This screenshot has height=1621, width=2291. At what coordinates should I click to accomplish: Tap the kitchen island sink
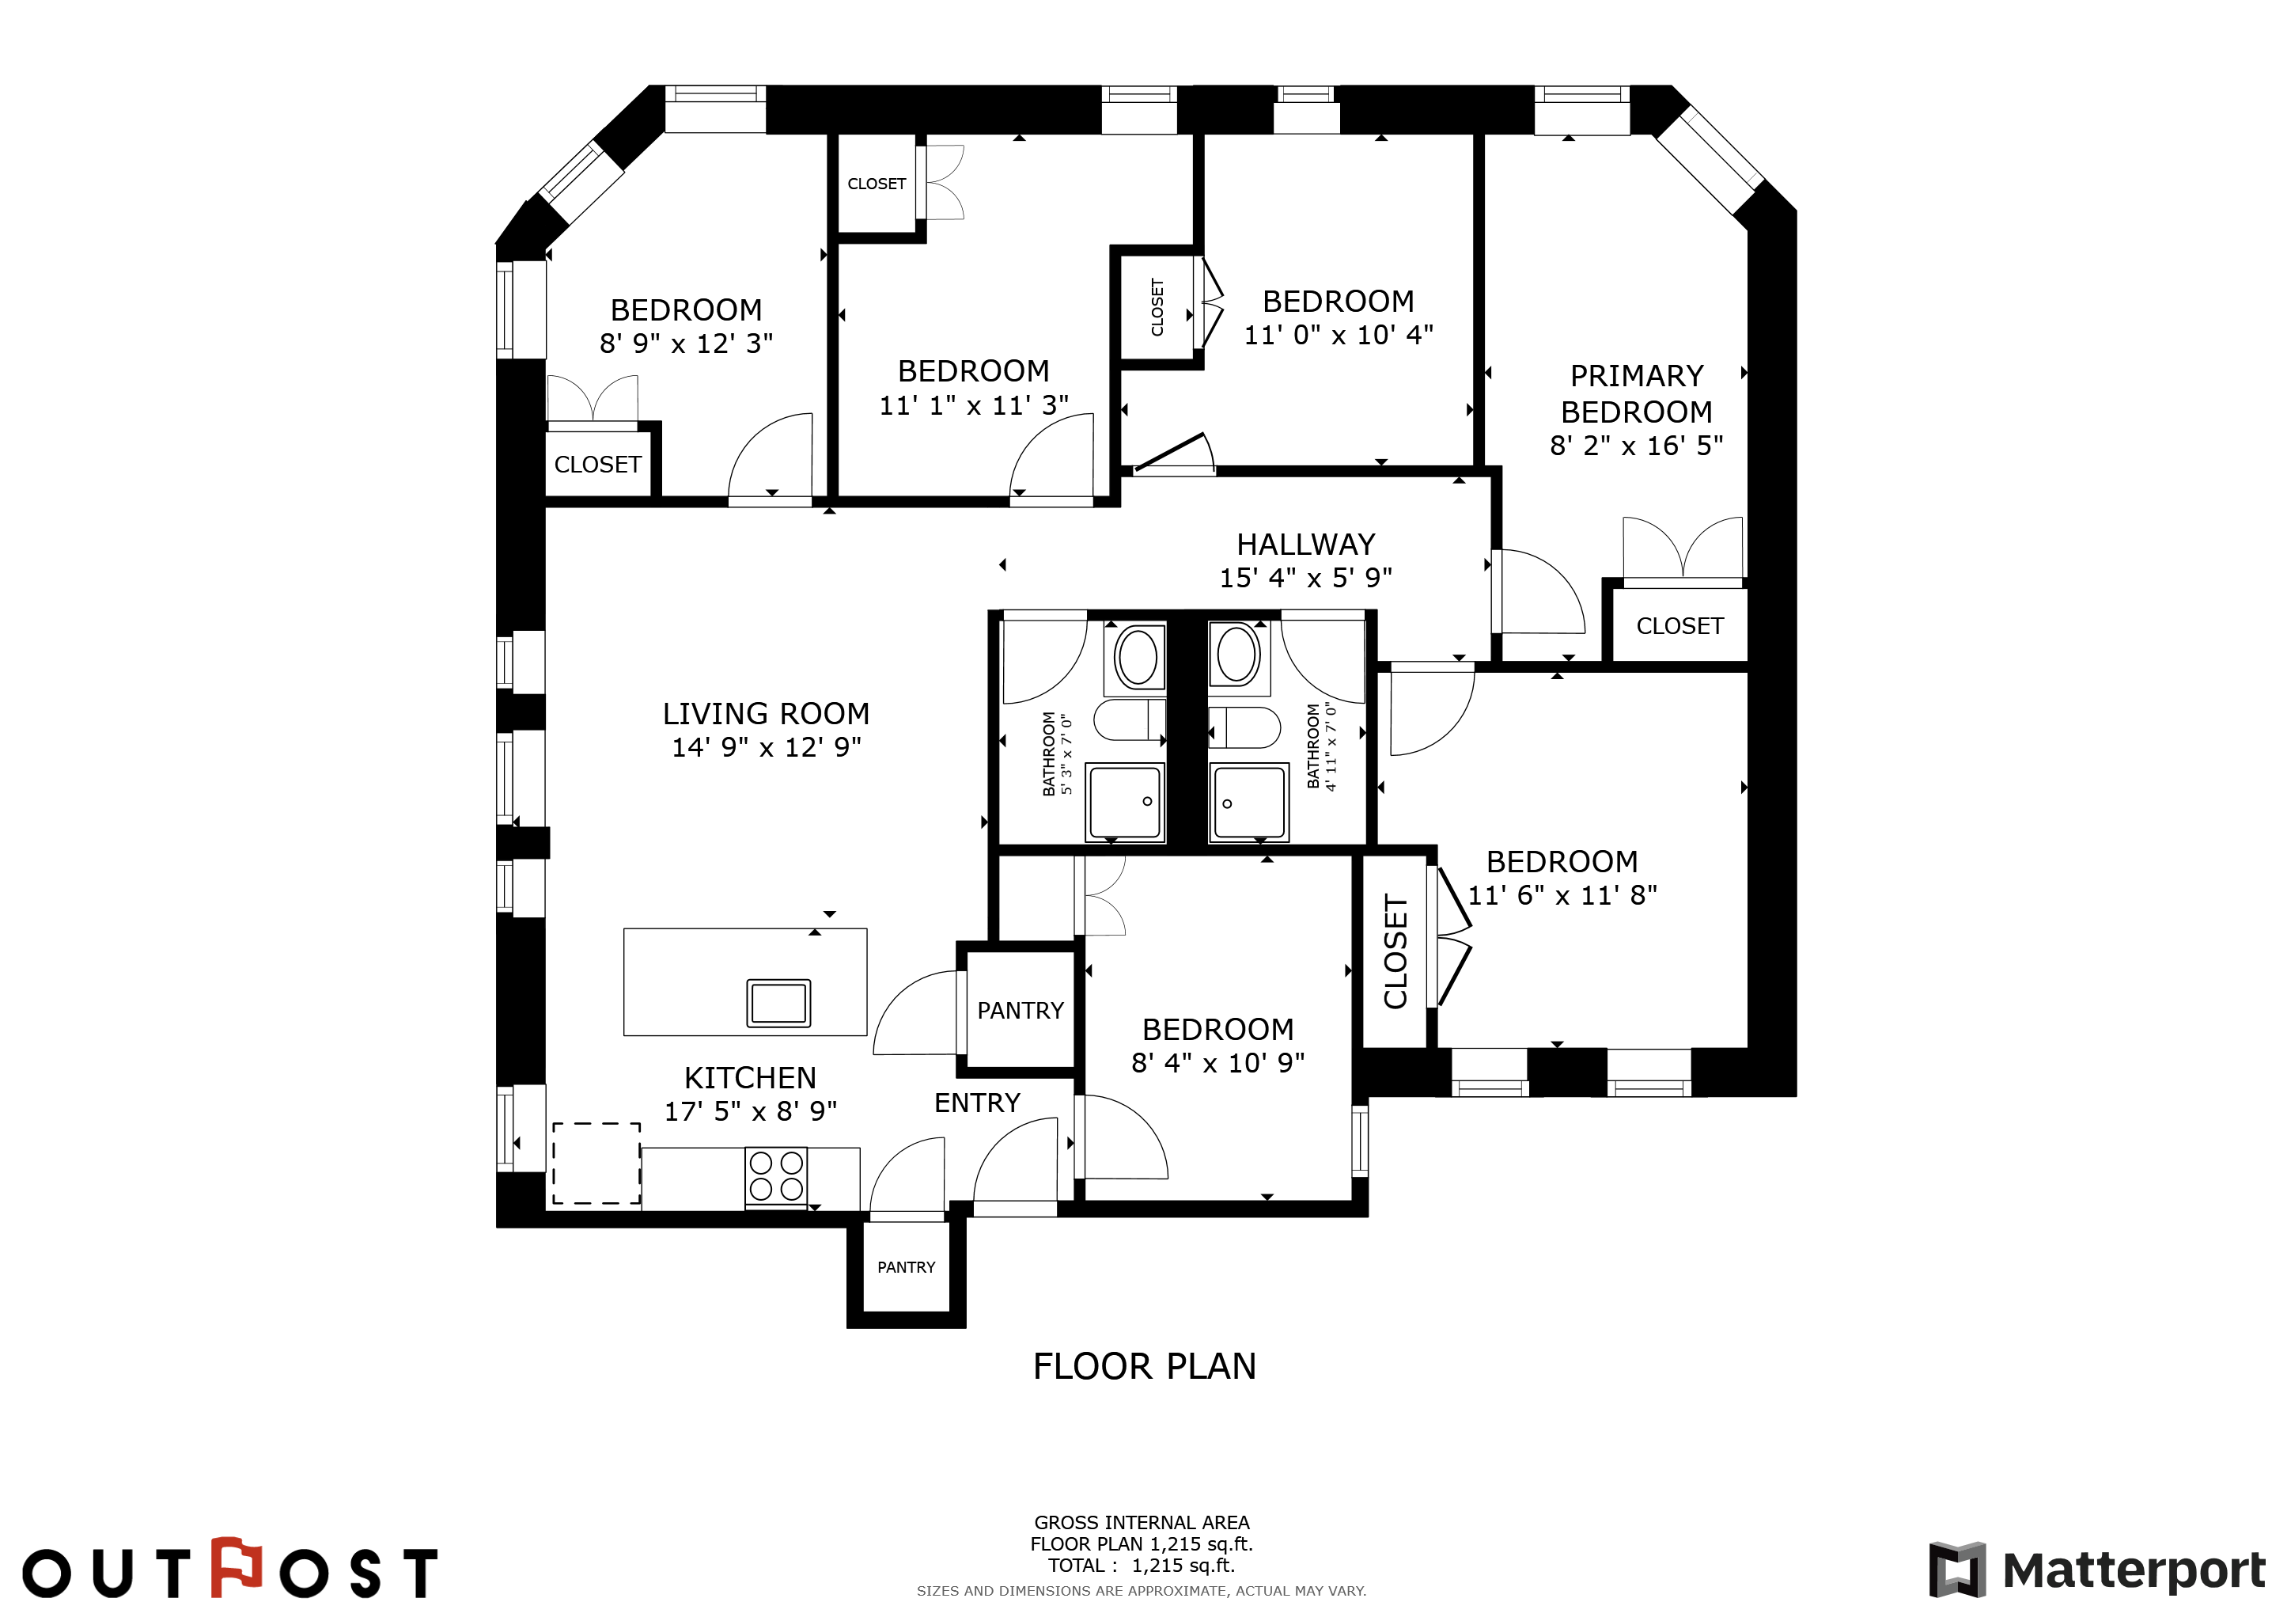[778, 1002]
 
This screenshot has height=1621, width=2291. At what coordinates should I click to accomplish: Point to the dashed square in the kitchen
[596, 1163]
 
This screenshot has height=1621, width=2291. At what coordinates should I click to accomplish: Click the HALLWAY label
[1306, 544]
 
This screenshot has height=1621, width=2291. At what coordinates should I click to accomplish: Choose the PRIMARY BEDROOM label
[1637, 393]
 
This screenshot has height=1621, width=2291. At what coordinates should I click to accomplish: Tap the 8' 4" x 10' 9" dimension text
[1217, 1062]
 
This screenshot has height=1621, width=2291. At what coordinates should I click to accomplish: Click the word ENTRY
[977, 1103]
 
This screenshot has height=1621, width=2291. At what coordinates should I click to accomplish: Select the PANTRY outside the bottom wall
[906, 1268]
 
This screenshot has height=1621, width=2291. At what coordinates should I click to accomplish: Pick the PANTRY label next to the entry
[1020, 1011]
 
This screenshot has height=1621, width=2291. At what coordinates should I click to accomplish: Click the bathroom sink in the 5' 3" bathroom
[1138, 658]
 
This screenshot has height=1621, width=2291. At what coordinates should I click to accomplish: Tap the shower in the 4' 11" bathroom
[1248, 803]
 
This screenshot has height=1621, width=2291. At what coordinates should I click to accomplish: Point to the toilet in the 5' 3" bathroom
[1130, 719]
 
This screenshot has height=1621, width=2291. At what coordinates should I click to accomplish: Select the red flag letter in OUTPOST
[236, 1567]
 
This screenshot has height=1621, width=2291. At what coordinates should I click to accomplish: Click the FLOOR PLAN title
[1145, 1366]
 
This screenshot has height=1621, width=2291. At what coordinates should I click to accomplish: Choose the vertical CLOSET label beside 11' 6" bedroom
[1395, 952]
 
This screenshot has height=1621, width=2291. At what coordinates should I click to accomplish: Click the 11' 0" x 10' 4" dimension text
[1338, 334]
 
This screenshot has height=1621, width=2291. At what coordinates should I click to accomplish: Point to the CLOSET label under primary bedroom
[1679, 626]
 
